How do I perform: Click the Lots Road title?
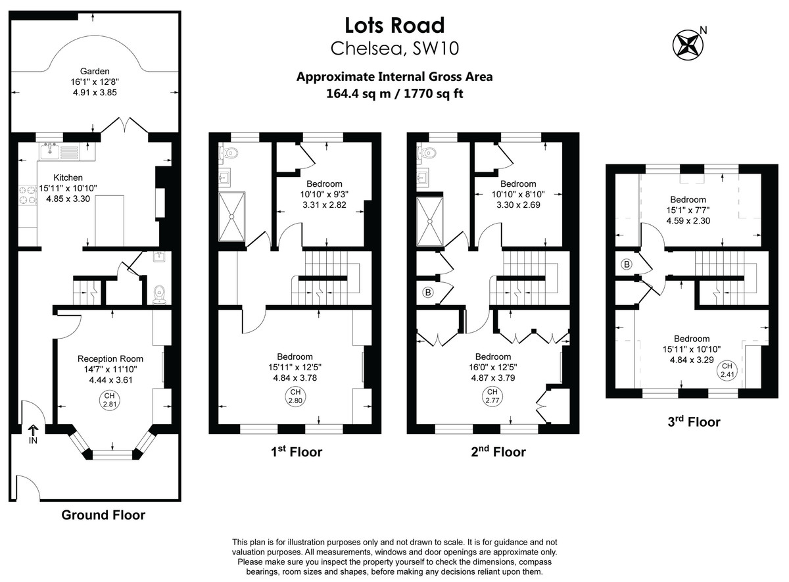[x=394, y=25]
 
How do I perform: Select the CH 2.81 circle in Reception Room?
[x=110, y=400]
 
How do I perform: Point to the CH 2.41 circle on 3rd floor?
[x=727, y=370]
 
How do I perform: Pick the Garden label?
[x=95, y=71]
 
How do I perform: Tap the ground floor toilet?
[x=158, y=294]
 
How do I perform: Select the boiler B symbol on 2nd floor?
[x=428, y=293]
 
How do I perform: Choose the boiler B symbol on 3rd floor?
[x=626, y=264]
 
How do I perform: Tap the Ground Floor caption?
[x=103, y=515]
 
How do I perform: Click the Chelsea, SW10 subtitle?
[x=394, y=48]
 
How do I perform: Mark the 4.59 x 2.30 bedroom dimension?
[x=688, y=222]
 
